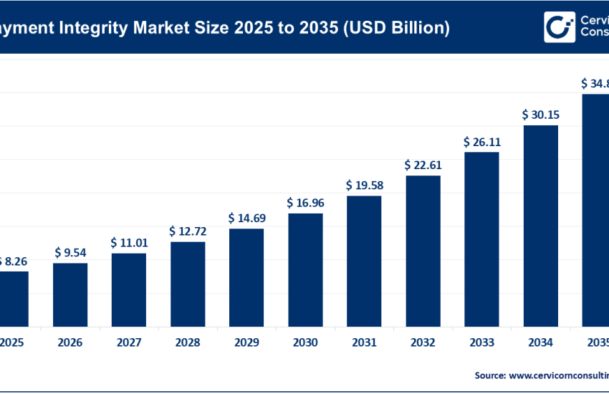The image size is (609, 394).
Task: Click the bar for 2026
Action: (70, 294)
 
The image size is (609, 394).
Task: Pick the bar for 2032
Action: (423, 251)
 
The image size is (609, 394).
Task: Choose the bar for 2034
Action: (540, 226)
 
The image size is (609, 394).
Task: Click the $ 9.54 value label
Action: (70, 253)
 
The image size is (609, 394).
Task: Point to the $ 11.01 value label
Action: (129, 243)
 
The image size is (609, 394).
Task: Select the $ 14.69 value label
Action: (246, 218)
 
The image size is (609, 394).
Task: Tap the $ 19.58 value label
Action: (364, 186)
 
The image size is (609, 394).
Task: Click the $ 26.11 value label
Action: (481, 142)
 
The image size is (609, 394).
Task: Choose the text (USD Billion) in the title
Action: (398, 28)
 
